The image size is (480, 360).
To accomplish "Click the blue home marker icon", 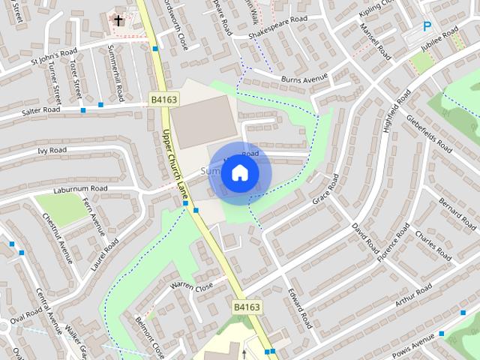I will [x=239, y=173].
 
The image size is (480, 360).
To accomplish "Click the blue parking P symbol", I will [x=427, y=26].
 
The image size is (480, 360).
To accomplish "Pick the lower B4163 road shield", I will [x=247, y=307].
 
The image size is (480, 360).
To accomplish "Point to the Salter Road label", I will [x=41, y=111].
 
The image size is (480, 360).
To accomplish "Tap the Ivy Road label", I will [x=52, y=150].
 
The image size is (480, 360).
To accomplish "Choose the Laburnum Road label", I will [x=80, y=188].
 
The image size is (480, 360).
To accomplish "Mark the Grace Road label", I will [x=322, y=191].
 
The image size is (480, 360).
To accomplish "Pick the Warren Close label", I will [x=191, y=285].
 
